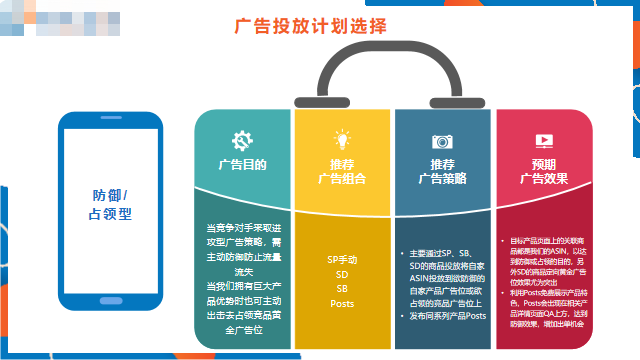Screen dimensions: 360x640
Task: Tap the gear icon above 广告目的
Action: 242,141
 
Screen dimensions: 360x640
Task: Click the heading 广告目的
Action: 242,164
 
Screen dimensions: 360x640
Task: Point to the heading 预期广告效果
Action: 544,171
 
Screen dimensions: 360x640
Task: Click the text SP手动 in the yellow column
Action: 342,259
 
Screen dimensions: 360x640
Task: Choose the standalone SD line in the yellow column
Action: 342,273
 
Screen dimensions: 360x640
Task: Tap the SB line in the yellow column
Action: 342,288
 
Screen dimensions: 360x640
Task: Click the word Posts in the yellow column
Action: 342,303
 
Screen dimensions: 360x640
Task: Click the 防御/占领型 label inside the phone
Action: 111,204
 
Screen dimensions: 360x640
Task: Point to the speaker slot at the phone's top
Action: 111,121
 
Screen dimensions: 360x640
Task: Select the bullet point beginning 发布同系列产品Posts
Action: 446,316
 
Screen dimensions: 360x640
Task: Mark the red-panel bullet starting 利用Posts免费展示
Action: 546,304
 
